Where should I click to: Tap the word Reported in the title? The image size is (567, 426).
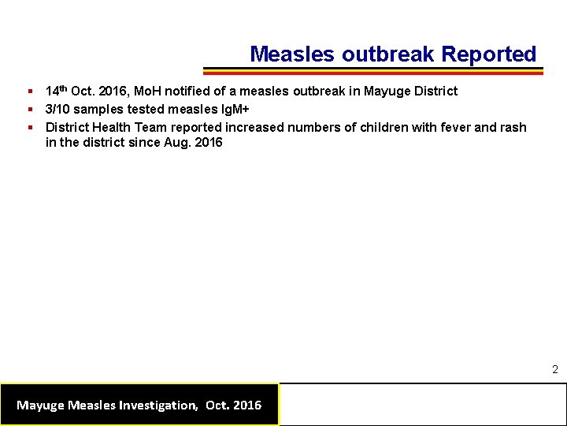point(488,54)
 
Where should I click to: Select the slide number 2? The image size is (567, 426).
point(554,369)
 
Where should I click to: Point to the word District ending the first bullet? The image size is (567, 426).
point(433,91)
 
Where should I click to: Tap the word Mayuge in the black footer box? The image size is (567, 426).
point(41,405)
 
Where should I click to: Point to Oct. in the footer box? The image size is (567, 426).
point(217,405)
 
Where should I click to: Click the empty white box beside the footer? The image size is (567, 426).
point(423,405)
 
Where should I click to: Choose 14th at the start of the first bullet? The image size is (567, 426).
point(57,91)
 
